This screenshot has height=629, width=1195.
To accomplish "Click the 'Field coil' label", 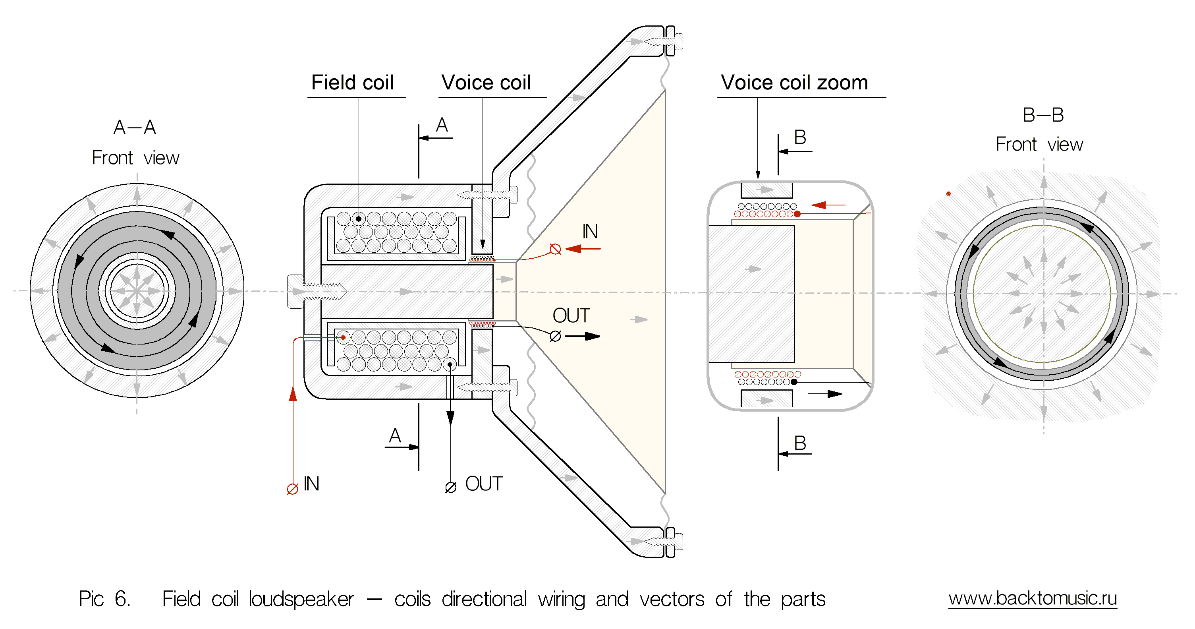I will pyautogui.click(x=352, y=83).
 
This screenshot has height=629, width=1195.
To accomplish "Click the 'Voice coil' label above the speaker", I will pyautogui.click(x=486, y=83).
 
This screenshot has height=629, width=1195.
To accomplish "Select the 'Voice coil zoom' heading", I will pyautogui.click(x=794, y=83).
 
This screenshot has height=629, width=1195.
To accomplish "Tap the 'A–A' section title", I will pyautogui.click(x=135, y=127).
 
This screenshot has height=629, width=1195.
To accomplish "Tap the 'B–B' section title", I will pyautogui.click(x=1043, y=115).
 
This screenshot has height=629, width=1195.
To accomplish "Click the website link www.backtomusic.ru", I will pyautogui.click(x=1032, y=598).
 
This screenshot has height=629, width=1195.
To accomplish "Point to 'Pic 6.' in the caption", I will pyautogui.click(x=104, y=599).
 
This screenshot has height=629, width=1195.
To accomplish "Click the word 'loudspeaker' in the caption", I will pyautogui.click(x=301, y=599).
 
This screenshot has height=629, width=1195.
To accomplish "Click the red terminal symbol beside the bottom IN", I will pyautogui.click(x=292, y=489).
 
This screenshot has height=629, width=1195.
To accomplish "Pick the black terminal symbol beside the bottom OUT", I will pyautogui.click(x=450, y=488).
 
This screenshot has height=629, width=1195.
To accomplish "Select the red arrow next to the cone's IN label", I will pyautogui.click(x=583, y=249).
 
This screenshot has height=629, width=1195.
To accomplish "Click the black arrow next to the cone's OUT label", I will pyautogui.click(x=583, y=336).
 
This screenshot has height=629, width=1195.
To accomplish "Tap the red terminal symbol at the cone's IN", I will pyautogui.click(x=555, y=249).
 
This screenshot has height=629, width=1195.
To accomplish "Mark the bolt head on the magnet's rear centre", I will pyautogui.click(x=295, y=292).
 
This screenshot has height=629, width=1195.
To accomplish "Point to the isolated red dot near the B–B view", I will pyautogui.click(x=948, y=194).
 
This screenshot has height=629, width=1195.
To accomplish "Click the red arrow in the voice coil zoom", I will pyautogui.click(x=828, y=205).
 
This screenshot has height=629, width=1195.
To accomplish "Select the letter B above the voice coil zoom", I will pyautogui.click(x=800, y=137).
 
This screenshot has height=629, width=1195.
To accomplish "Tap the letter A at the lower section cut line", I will pyautogui.click(x=395, y=436).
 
